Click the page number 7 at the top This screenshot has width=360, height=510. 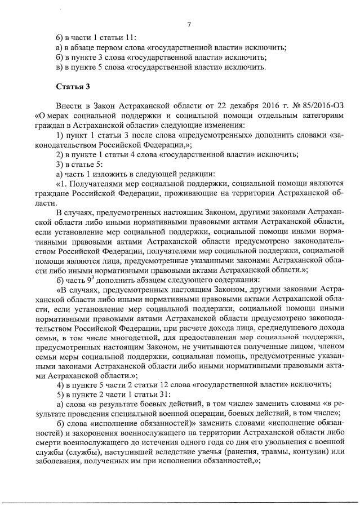tap(189, 24)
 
